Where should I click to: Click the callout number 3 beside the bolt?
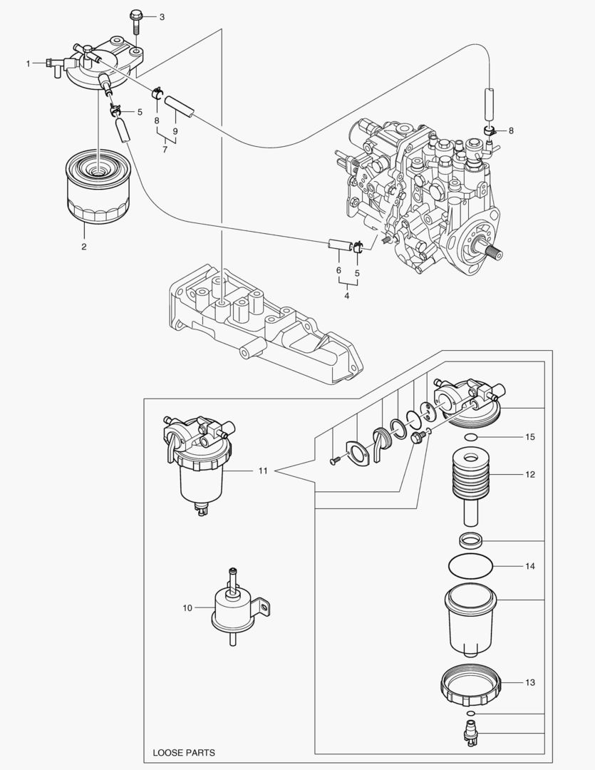[x=162, y=16]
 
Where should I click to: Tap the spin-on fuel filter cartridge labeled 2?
[x=95, y=188]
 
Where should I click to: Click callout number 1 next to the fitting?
[x=29, y=64]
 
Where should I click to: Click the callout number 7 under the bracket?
[x=165, y=149]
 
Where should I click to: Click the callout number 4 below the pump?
[x=347, y=296]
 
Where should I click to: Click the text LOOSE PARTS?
[x=184, y=752]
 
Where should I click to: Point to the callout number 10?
[x=187, y=607]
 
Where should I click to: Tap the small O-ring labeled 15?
[x=470, y=436]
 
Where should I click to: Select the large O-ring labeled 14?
[x=470, y=566]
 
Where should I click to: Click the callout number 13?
[x=529, y=683]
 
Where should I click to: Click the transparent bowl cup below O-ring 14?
[x=470, y=619]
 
